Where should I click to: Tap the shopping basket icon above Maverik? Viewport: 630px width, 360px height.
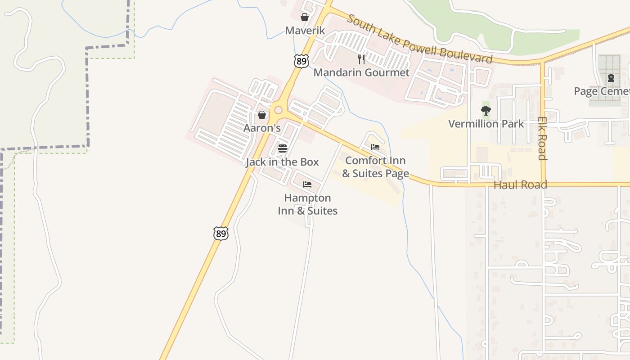(x=305, y=18)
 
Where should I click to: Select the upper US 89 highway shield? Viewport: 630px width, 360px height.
(x=301, y=61)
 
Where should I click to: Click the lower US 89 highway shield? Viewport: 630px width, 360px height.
(x=220, y=233)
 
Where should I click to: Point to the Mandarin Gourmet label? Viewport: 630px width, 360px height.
(x=361, y=72)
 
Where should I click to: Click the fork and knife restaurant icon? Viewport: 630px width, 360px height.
(x=361, y=59)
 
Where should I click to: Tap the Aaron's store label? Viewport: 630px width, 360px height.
(x=262, y=128)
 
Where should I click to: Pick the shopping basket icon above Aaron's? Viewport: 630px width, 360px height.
(x=262, y=115)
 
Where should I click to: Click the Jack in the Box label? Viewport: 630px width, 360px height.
(x=282, y=162)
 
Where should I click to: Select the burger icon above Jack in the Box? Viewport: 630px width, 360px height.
(x=283, y=148)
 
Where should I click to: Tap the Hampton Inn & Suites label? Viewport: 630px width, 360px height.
(x=308, y=204)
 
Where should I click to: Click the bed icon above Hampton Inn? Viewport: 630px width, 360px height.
(x=307, y=184)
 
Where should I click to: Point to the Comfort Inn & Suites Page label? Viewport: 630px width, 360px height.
(x=375, y=167)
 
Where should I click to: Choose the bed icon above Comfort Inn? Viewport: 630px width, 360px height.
(x=375, y=147)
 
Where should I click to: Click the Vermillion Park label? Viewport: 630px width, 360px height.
(x=486, y=124)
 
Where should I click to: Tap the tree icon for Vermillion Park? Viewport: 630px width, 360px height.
(x=486, y=110)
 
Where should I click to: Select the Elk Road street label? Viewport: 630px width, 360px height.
(x=542, y=139)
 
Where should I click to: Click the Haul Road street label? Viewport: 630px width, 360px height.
(x=520, y=184)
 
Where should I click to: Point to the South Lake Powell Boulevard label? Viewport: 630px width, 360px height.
(x=419, y=39)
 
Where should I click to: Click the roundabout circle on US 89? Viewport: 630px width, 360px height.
(x=278, y=110)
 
